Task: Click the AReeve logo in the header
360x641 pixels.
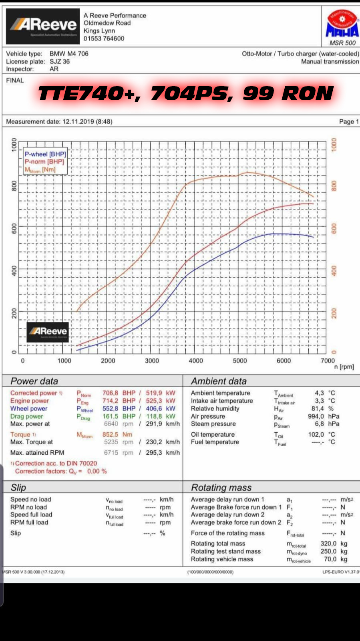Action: [x=42, y=26]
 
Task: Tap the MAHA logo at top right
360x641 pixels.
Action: [x=342, y=25]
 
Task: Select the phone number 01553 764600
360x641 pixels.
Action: [x=104, y=38]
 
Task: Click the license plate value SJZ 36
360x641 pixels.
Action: [x=60, y=61]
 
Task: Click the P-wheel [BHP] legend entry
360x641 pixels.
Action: [x=45, y=154]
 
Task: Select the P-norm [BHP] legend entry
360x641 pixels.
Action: [x=44, y=161]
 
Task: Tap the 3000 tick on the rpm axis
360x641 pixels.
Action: [x=152, y=361]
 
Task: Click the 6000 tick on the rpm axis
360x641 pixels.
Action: [x=284, y=361]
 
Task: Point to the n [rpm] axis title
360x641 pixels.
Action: [x=344, y=367]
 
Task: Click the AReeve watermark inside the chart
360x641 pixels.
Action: [x=48, y=332]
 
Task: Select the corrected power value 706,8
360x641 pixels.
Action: [x=110, y=393]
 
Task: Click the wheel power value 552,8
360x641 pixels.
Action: [x=110, y=409]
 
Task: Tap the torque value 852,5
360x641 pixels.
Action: [x=110, y=434]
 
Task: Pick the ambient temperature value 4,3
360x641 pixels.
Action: [x=319, y=393]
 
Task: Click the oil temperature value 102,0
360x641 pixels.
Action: [x=316, y=434]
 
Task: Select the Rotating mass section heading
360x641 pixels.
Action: [x=221, y=488]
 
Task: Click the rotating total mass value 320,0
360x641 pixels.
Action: [x=328, y=544]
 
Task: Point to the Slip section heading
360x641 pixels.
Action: [x=18, y=488]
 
